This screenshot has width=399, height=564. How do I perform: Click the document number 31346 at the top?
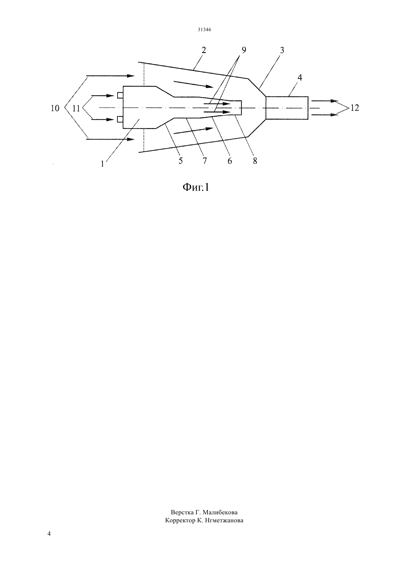[x=204, y=30]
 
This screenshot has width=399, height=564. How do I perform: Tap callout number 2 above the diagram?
[x=204, y=50]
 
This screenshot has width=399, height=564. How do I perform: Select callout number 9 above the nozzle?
[x=244, y=50]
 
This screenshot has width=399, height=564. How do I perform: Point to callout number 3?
[x=282, y=50]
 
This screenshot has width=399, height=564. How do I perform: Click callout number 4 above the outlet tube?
[x=300, y=78]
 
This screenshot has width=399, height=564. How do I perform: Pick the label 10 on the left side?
[x=55, y=108]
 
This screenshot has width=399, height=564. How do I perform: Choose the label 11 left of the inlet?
[x=76, y=108]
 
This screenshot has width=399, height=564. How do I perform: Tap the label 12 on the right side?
[x=355, y=108]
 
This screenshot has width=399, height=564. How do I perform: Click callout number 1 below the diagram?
[x=102, y=164]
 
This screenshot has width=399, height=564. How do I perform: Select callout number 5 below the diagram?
[x=181, y=161]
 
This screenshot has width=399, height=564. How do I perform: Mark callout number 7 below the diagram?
[x=205, y=161]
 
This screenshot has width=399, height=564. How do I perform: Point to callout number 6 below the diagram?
[x=230, y=161]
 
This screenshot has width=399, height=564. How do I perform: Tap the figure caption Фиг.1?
[x=196, y=187]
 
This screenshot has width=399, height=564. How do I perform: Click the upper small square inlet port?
[x=120, y=95]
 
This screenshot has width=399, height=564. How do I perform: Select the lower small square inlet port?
[x=120, y=119]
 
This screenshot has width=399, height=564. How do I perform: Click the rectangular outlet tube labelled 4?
[x=287, y=108]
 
